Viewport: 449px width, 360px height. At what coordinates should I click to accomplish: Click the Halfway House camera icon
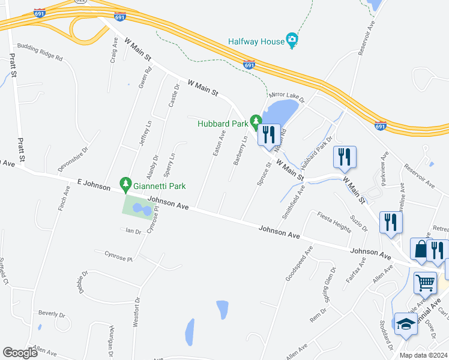(292, 41)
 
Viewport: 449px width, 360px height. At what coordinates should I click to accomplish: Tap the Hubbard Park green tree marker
(256, 123)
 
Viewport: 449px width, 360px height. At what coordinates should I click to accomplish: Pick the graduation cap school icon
(405, 325)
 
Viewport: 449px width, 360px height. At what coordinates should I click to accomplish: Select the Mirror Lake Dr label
(287, 95)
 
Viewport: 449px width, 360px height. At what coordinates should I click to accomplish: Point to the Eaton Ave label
(219, 143)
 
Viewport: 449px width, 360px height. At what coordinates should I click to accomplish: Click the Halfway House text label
(255, 42)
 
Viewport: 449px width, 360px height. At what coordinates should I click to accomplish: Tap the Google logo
(20, 353)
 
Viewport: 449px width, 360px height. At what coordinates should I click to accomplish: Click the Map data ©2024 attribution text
(422, 355)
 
